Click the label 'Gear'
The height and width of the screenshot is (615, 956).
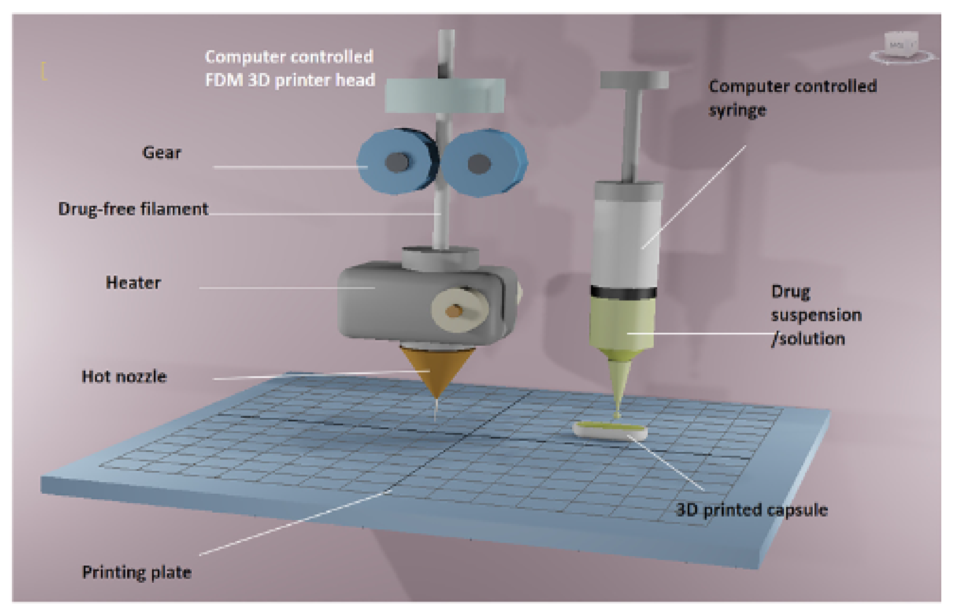pyautogui.click(x=161, y=153)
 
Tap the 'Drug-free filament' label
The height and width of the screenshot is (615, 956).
pyautogui.click(x=133, y=209)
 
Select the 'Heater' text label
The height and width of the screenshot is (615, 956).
pyautogui.click(x=133, y=283)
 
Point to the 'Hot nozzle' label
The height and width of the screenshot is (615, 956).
pyautogui.click(x=124, y=377)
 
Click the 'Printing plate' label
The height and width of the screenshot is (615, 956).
pyautogui.click(x=137, y=572)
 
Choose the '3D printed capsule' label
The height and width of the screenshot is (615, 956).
pyautogui.click(x=751, y=510)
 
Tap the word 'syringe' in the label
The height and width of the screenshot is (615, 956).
pyautogui.click(x=737, y=110)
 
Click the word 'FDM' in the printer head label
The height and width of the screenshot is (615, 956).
pyautogui.click(x=224, y=80)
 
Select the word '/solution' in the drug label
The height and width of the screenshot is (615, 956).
pyautogui.click(x=808, y=339)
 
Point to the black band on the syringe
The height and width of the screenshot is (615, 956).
pyautogui.click(x=623, y=292)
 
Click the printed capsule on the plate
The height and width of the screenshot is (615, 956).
pyautogui.click(x=610, y=431)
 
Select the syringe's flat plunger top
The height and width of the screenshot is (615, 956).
pyautogui.click(x=634, y=80)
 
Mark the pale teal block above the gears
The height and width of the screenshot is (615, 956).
pyautogui.click(x=445, y=95)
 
